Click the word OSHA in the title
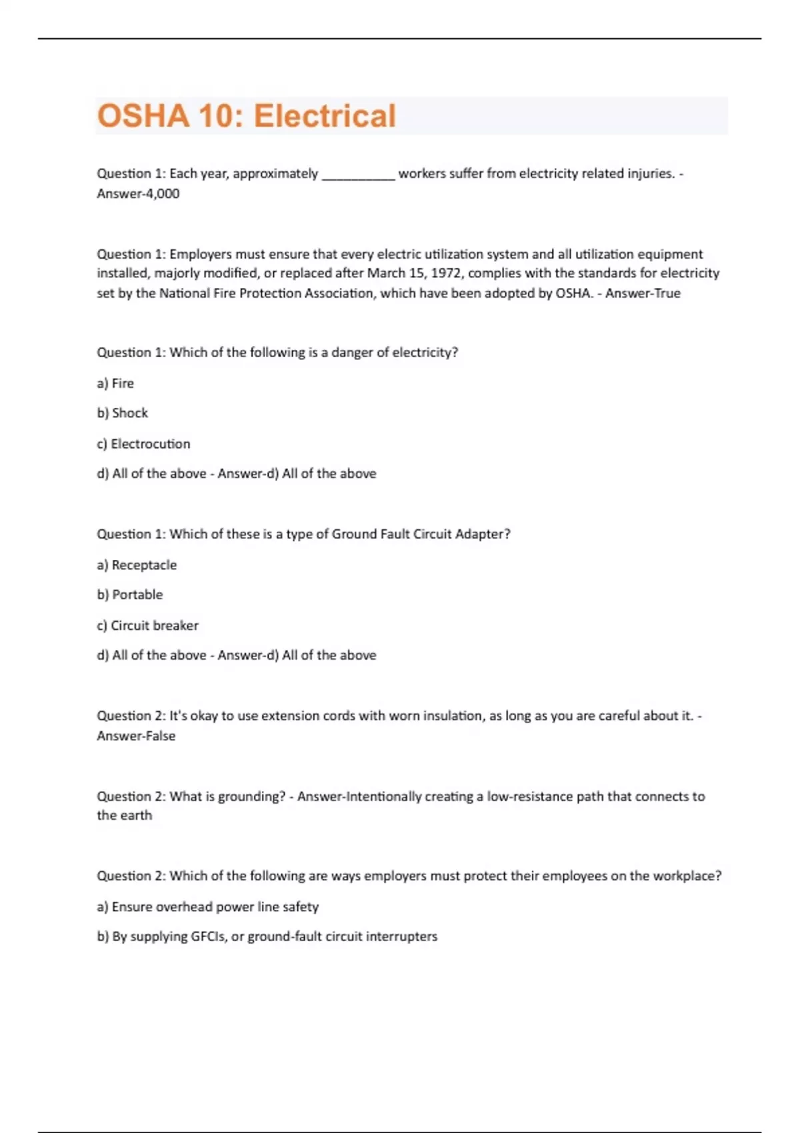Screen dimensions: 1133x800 coord(143,116)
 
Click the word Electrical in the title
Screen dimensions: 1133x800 coord(325,116)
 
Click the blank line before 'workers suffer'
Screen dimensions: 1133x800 coord(359,175)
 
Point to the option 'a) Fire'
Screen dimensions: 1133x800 coord(115,383)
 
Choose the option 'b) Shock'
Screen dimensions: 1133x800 coord(123,413)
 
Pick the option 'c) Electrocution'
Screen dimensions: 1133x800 coord(143,444)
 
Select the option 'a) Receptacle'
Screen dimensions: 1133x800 coord(137,565)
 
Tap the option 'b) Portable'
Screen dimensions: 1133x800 coord(129,594)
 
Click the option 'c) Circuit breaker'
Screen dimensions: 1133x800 coord(147,626)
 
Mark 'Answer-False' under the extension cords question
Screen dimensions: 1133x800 coord(136,736)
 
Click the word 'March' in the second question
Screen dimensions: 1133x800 coord(386,273)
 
